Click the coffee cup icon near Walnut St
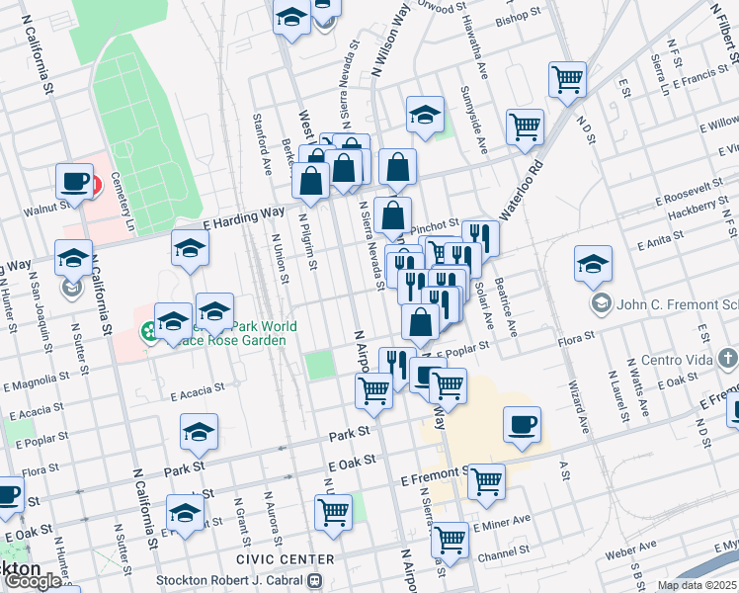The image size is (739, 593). [x=74, y=181]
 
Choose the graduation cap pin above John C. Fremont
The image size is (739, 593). [x=593, y=263]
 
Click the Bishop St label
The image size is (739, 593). [x=520, y=18]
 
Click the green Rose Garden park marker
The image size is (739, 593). [x=147, y=330]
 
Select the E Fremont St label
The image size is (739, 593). [x=431, y=477]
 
